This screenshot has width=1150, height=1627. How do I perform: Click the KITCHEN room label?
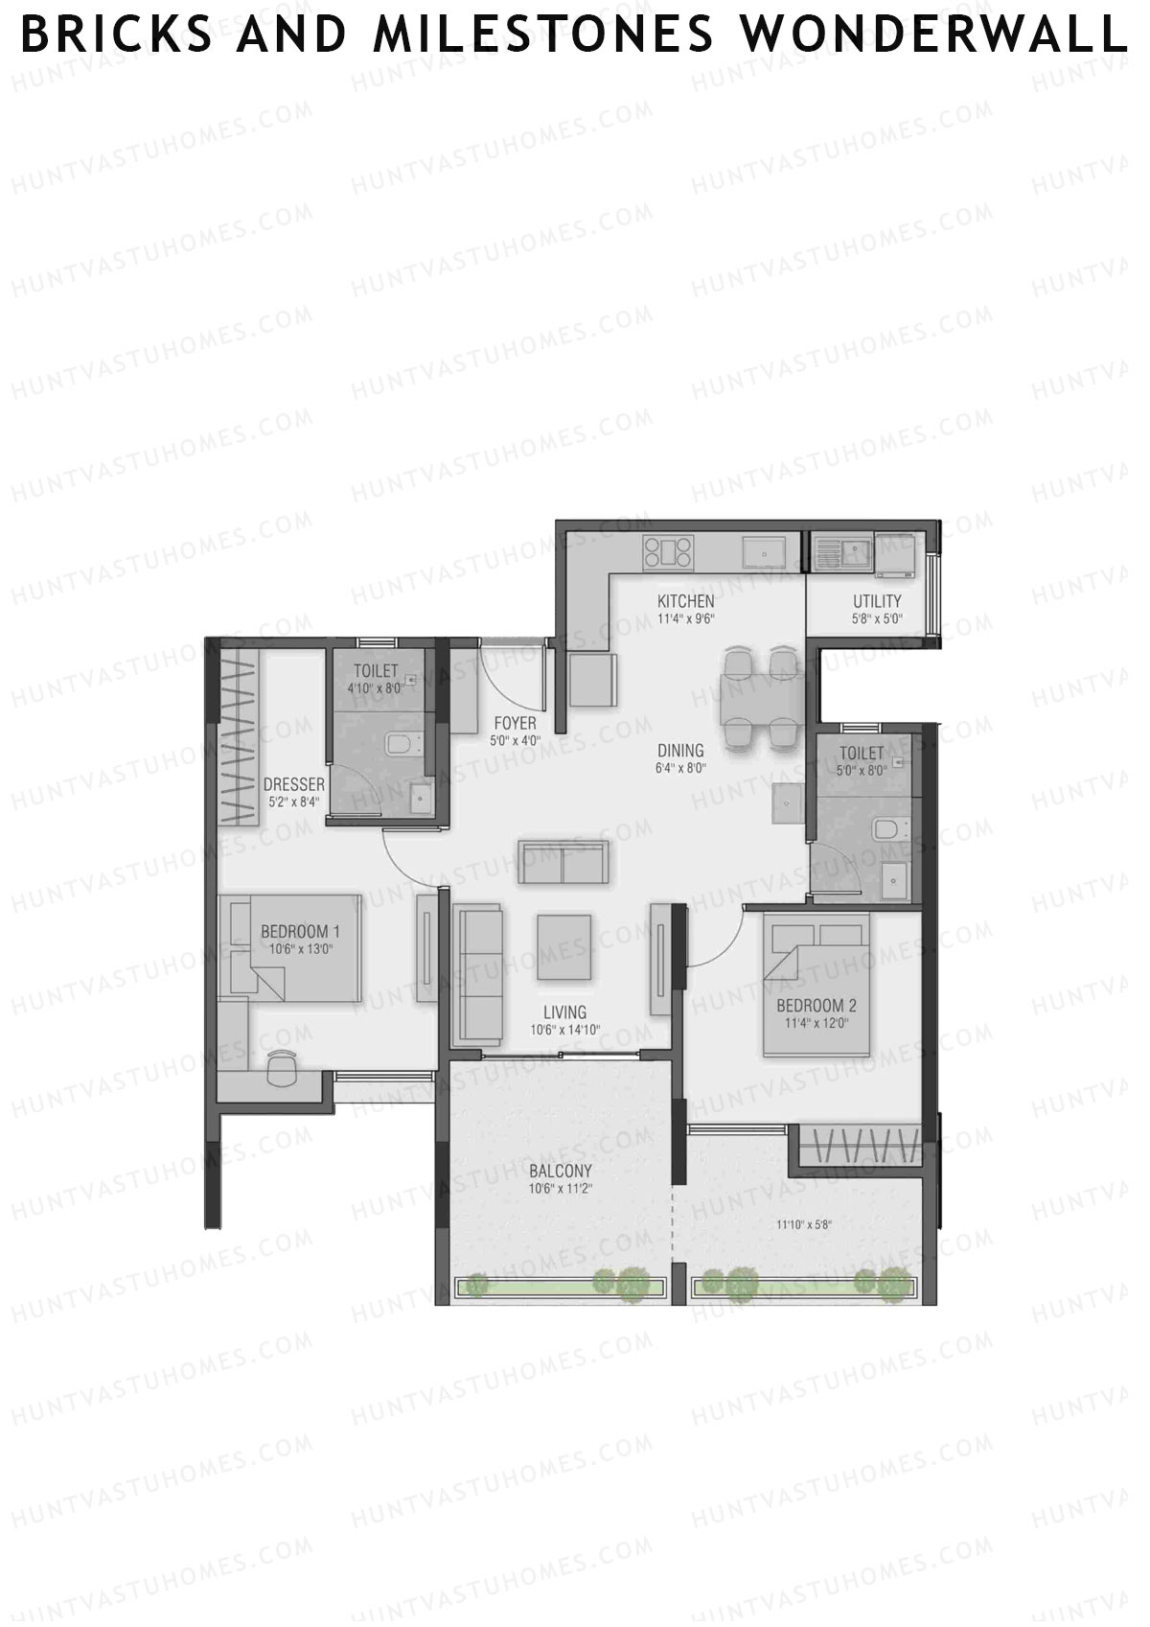click(685, 601)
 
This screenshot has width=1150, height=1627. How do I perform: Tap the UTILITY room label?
click(877, 602)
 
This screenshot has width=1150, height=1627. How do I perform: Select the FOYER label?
click(515, 723)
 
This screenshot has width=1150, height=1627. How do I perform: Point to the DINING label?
click(680, 751)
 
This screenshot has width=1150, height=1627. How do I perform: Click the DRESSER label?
click(294, 785)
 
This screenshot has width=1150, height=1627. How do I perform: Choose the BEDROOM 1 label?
click(300, 932)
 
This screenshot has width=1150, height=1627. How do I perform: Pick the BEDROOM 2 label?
click(816, 1006)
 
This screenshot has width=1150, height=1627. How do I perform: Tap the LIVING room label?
click(564, 1012)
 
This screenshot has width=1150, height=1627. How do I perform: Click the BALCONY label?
click(561, 1171)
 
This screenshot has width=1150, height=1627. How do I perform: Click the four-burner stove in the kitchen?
click(668, 552)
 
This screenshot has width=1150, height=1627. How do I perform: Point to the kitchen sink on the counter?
click(765, 552)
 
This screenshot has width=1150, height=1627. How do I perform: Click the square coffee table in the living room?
click(563, 947)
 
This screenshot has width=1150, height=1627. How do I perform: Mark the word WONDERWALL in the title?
click(932, 35)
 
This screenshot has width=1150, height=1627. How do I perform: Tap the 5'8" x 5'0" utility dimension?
click(877, 619)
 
